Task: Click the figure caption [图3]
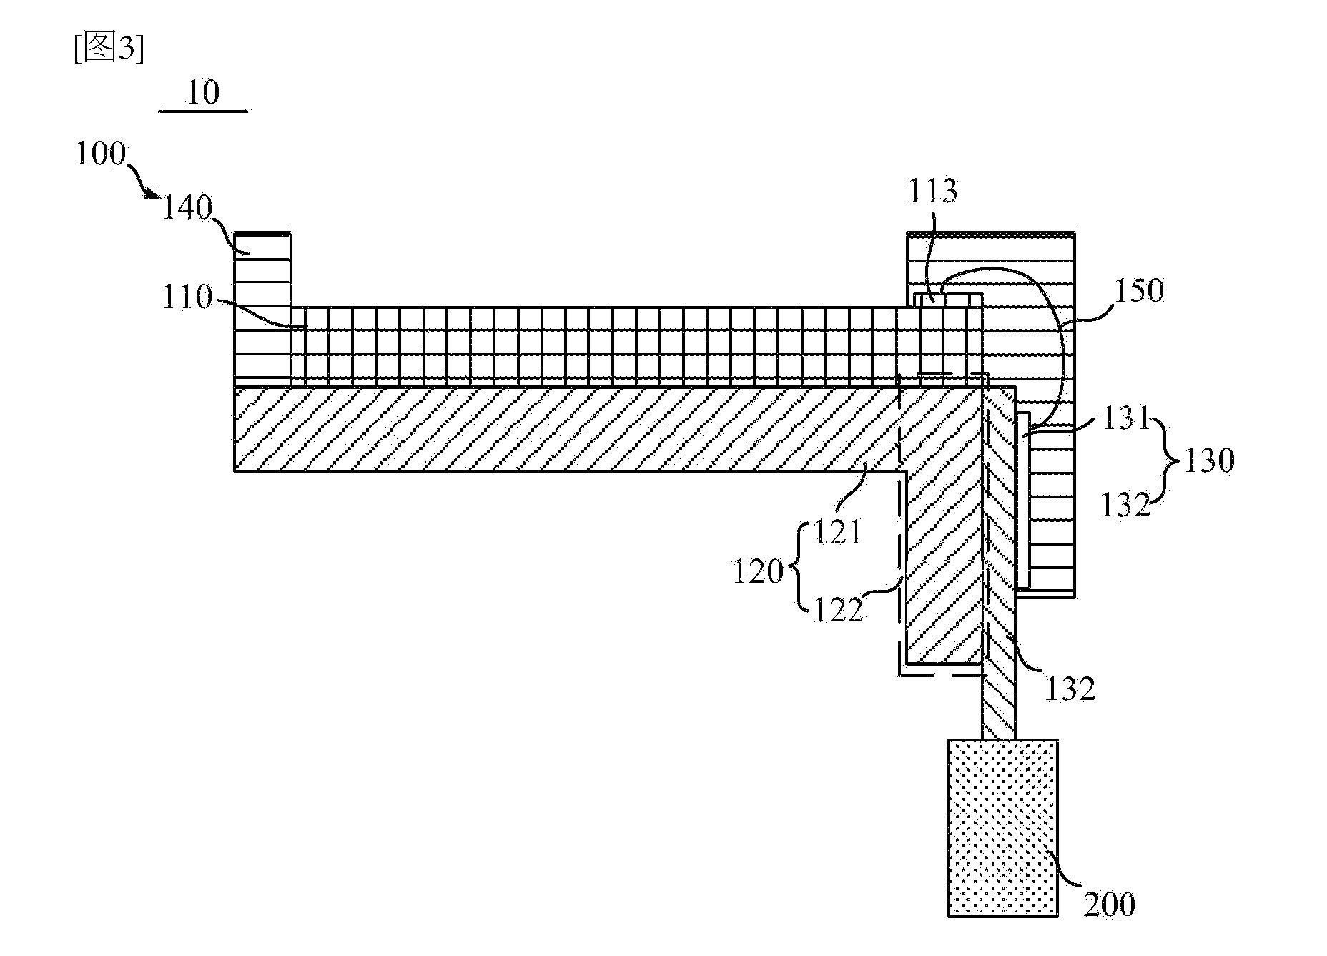pos(109,49)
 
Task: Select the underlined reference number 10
pos(202,93)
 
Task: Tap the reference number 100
pos(101,154)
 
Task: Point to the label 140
pos(187,208)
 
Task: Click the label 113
pos(932,192)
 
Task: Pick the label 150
pos(1138,291)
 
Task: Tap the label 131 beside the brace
pos(1125,418)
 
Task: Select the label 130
pos(1209,461)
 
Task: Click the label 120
pos(759,572)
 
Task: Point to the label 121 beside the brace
pos(838,533)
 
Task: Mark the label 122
pos(839,609)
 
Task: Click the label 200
pos(1109,905)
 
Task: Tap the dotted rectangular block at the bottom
pos(1003,828)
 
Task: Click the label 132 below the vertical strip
pos(1070,689)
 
